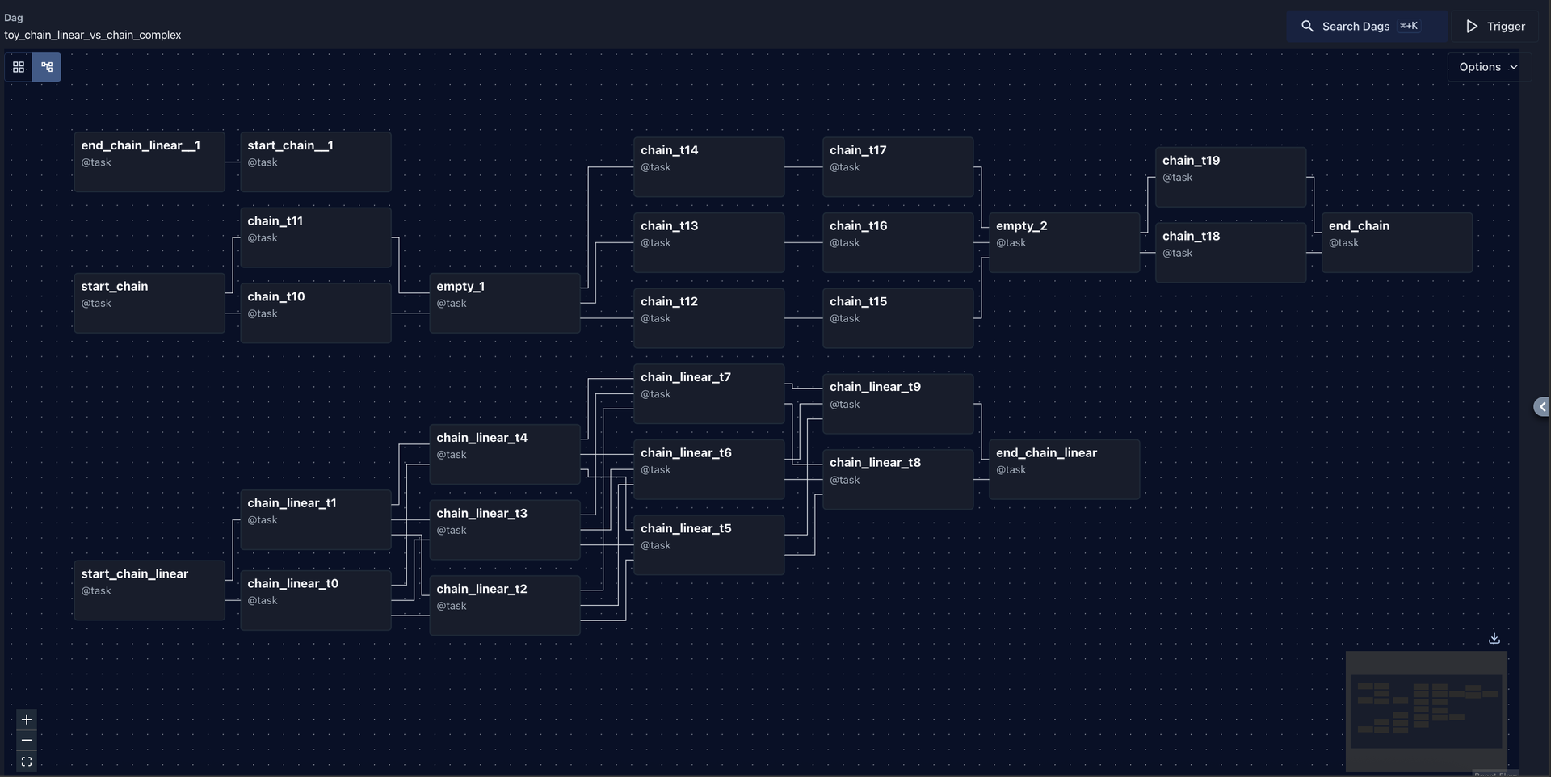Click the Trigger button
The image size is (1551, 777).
(x=1495, y=27)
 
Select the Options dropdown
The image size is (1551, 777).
(x=1489, y=67)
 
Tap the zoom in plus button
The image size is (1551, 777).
(x=27, y=720)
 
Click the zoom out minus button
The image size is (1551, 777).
(x=27, y=741)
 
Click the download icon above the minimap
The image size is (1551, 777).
(x=1494, y=638)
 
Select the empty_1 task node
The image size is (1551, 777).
(x=505, y=303)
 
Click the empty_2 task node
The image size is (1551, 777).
(x=1064, y=242)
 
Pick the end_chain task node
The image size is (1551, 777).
(x=1397, y=242)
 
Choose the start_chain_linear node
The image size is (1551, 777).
(x=149, y=590)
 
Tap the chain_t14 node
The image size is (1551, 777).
(x=708, y=167)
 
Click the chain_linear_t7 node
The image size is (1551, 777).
(x=708, y=394)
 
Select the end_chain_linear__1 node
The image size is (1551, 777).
(x=149, y=162)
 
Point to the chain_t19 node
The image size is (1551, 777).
(x=1230, y=177)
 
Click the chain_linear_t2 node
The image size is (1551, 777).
(x=505, y=606)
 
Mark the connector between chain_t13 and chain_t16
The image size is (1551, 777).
(x=804, y=242)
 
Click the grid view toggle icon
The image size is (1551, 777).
(x=19, y=67)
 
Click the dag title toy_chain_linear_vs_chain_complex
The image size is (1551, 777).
(x=93, y=36)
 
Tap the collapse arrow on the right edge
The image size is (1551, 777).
(x=1542, y=407)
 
